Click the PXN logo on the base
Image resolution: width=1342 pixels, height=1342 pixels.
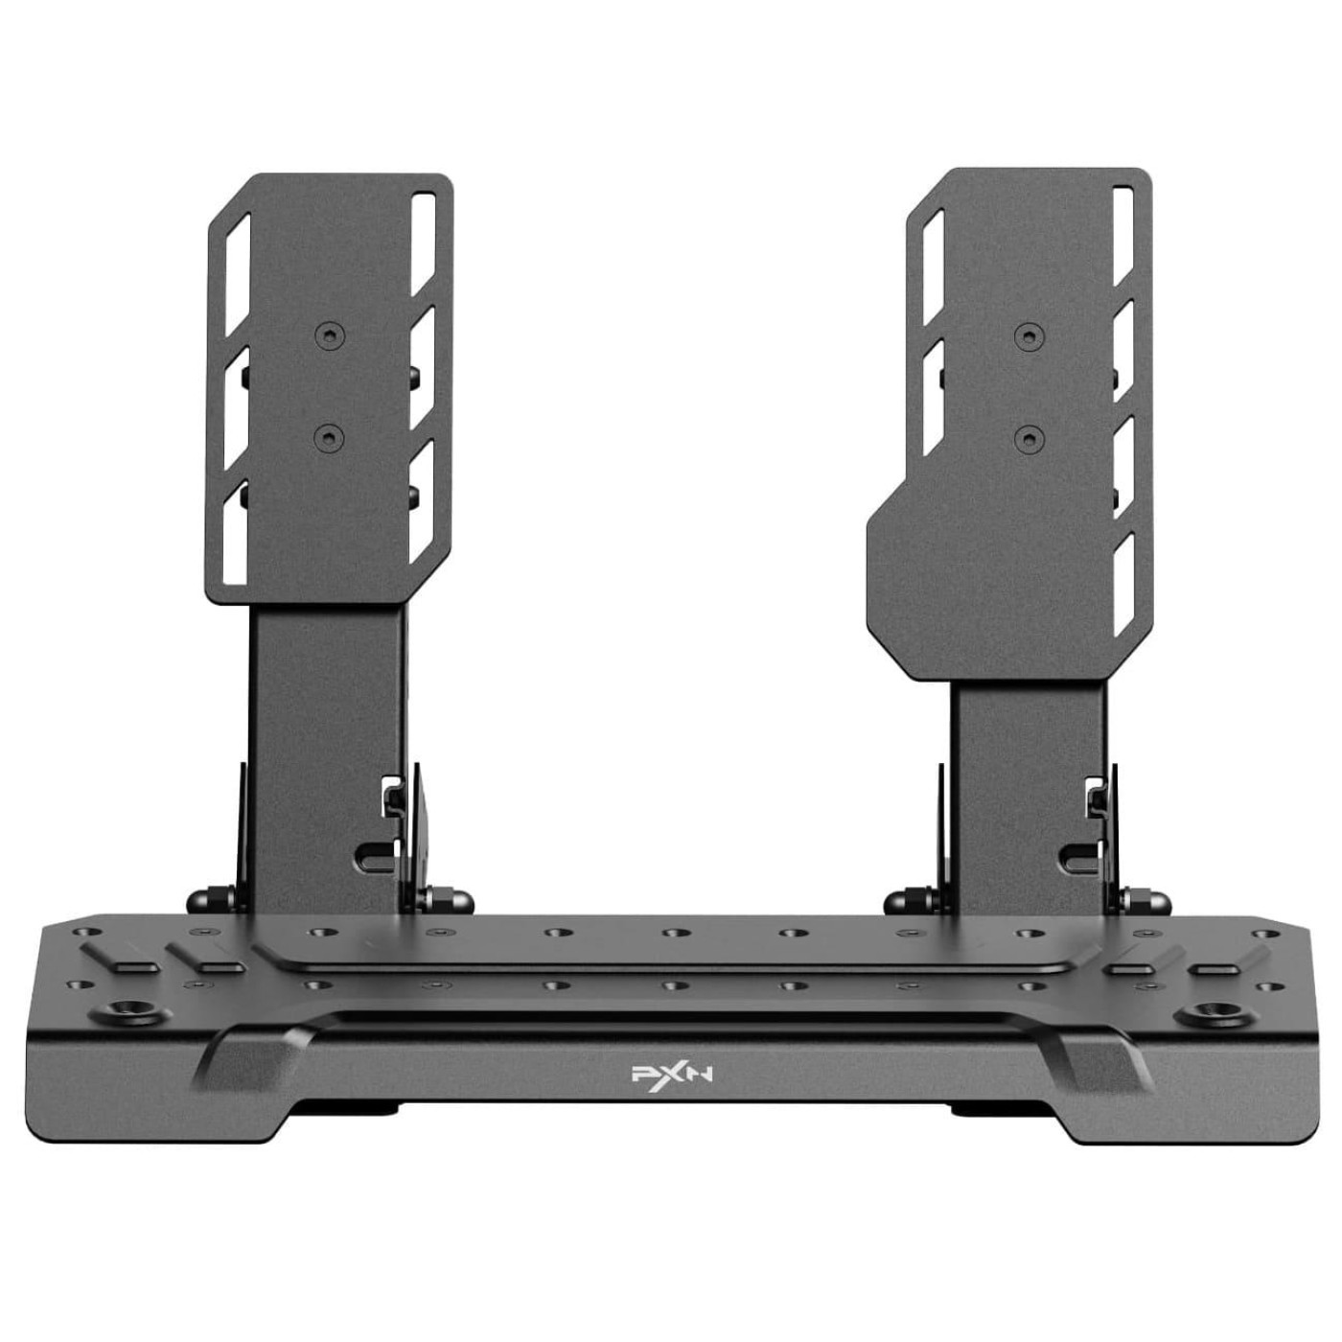click(671, 1075)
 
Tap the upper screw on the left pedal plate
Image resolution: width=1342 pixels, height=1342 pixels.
click(330, 336)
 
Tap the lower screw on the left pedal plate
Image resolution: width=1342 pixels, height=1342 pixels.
click(329, 438)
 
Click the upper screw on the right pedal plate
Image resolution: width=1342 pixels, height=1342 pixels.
click(1029, 336)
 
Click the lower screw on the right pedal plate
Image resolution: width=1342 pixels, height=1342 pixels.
click(1029, 439)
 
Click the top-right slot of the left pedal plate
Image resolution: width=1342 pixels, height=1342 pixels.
click(423, 243)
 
